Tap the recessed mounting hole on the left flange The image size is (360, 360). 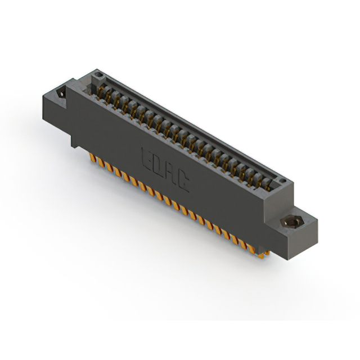[x=61, y=92]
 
